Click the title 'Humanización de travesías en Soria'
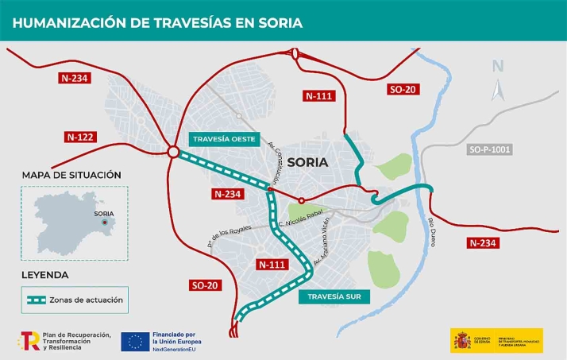click(157, 22)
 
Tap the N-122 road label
click(80, 137)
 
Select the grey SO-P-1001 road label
click(490, 149)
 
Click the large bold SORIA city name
click(307, 162)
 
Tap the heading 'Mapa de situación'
click(71, 175)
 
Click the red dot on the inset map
click(108, 222)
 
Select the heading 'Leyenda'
click(45, 275)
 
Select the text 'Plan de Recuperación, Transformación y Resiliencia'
click(76, 342)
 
